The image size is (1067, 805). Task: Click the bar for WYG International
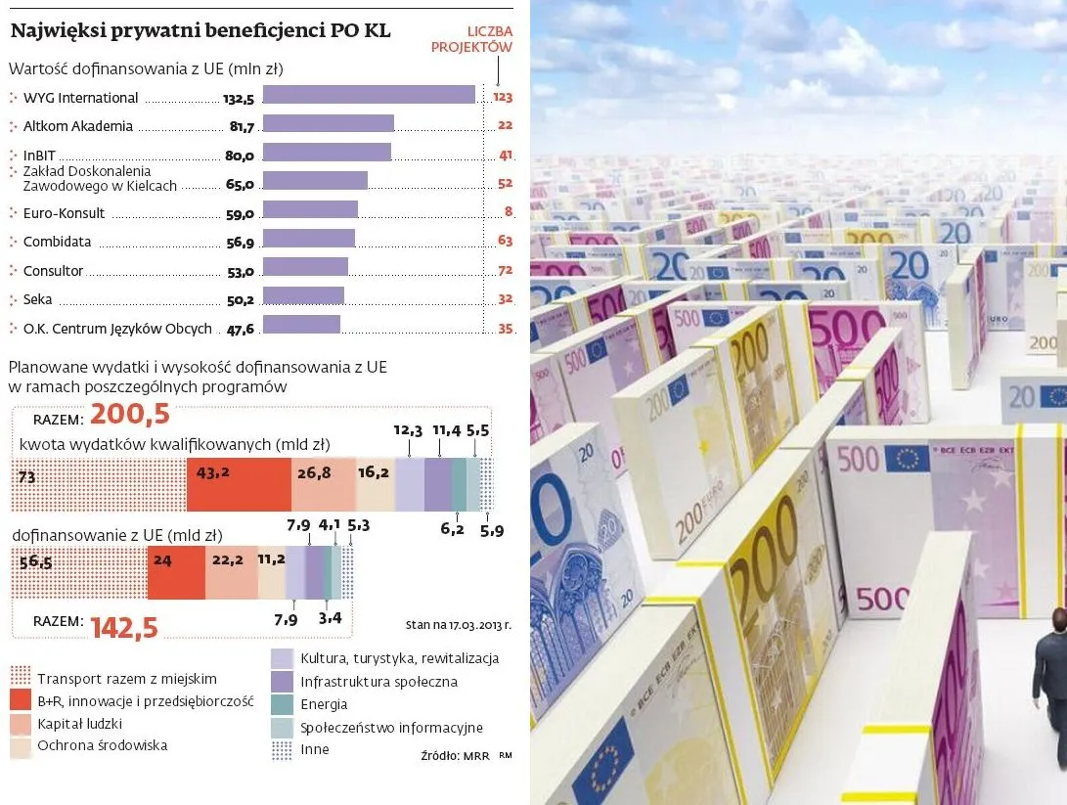pyautogui.click(x=369, y=95)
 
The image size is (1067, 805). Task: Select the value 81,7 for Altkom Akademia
pyautogui.click(x=241, y=126)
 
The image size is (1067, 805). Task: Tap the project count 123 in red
pyautogui.click(x=503, y=97)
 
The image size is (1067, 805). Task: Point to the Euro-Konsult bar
pyautogui.click(x=310, y=209)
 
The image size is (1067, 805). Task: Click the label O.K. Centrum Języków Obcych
pyautogui.click(x=117, y=329)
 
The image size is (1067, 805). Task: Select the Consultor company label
pyautogui.click(x=54, y=271)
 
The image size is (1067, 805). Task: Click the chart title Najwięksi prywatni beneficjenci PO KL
pyautogui.click(x=200, y=31)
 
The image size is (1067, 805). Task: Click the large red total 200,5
pyautogui.click(x=130, y=415)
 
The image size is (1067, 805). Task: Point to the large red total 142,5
pyautogui.click(x=124, y=627)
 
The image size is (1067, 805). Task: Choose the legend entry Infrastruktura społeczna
pyautogui.click(x=378, y=681)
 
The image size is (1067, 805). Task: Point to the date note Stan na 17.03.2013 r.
pyautogui.click(x=458, y=623)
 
